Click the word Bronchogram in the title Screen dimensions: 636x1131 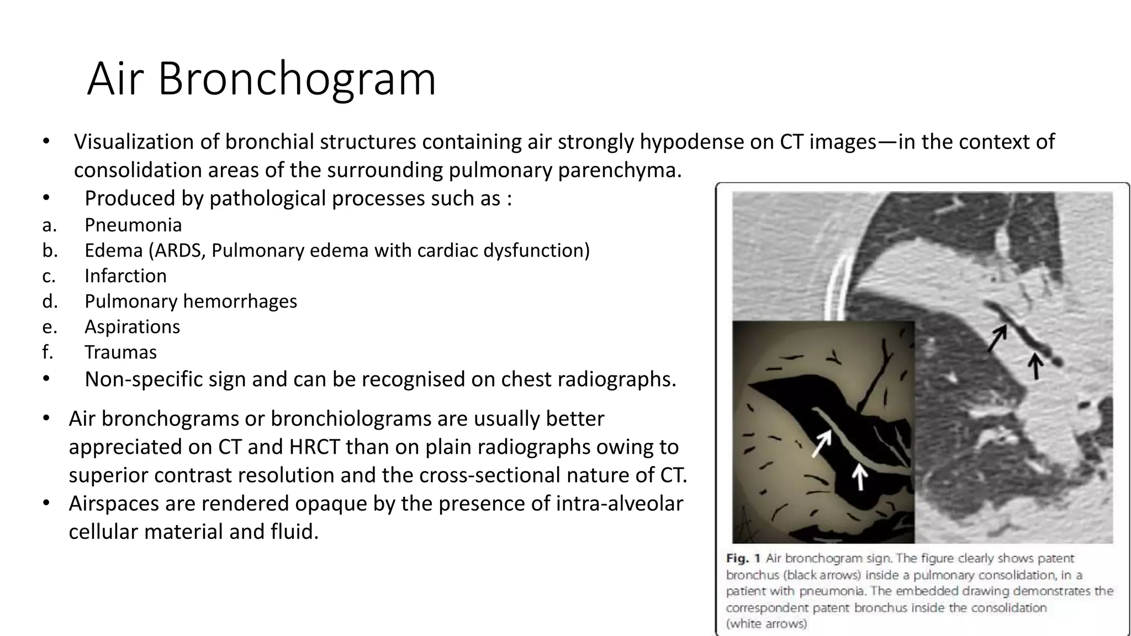tap(297, 79)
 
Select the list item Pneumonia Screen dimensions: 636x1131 tap(133, 225)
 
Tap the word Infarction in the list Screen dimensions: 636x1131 tap(125, 276)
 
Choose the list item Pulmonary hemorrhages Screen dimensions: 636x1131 tap(191, 301)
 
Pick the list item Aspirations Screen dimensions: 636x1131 tap(132, 327)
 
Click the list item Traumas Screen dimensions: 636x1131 tap(120, 352)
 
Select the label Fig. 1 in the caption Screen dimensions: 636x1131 tap(743, 559)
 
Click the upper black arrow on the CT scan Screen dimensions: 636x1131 tap(997, 338)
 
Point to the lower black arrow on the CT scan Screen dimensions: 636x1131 tap(1036, 367)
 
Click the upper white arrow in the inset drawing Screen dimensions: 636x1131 tap(821, 443)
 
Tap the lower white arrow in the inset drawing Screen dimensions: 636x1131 tap(859, 476)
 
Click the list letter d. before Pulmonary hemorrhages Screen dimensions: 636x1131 tap(50, 301)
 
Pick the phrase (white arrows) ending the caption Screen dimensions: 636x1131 tap(766, 624)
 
